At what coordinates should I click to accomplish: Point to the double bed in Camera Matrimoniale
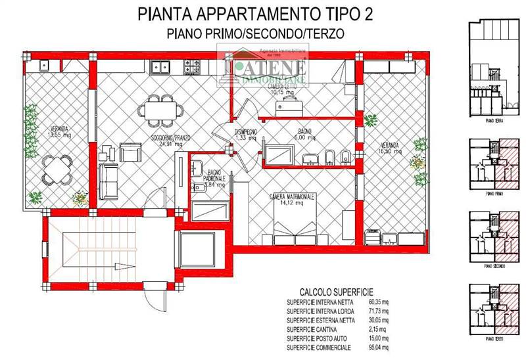tap(295, 229)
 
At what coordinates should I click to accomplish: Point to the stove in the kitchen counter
tap(192, 66)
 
